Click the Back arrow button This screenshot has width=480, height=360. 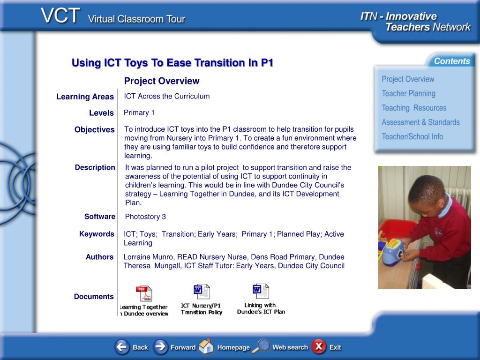point(122,347)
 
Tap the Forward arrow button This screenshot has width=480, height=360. point(160,347)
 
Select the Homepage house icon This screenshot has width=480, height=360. point(206,346)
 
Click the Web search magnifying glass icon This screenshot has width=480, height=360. point(261,346)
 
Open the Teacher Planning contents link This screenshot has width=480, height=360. point(408,93)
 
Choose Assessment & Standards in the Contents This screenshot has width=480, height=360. point(420,122)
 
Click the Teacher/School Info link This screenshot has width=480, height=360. point(412,136)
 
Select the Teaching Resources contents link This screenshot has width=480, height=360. point(414,108)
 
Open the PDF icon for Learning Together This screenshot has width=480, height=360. point(144,293)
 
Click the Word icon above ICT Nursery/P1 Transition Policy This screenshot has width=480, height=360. point(202,292)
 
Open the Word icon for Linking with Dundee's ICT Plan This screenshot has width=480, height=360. point(261,291)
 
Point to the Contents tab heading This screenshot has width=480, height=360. point(452,61)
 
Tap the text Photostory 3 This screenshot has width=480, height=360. point(145,217)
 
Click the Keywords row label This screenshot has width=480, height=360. point(97,234)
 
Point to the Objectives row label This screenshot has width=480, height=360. point(95,129)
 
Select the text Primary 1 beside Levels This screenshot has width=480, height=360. point(139,112)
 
